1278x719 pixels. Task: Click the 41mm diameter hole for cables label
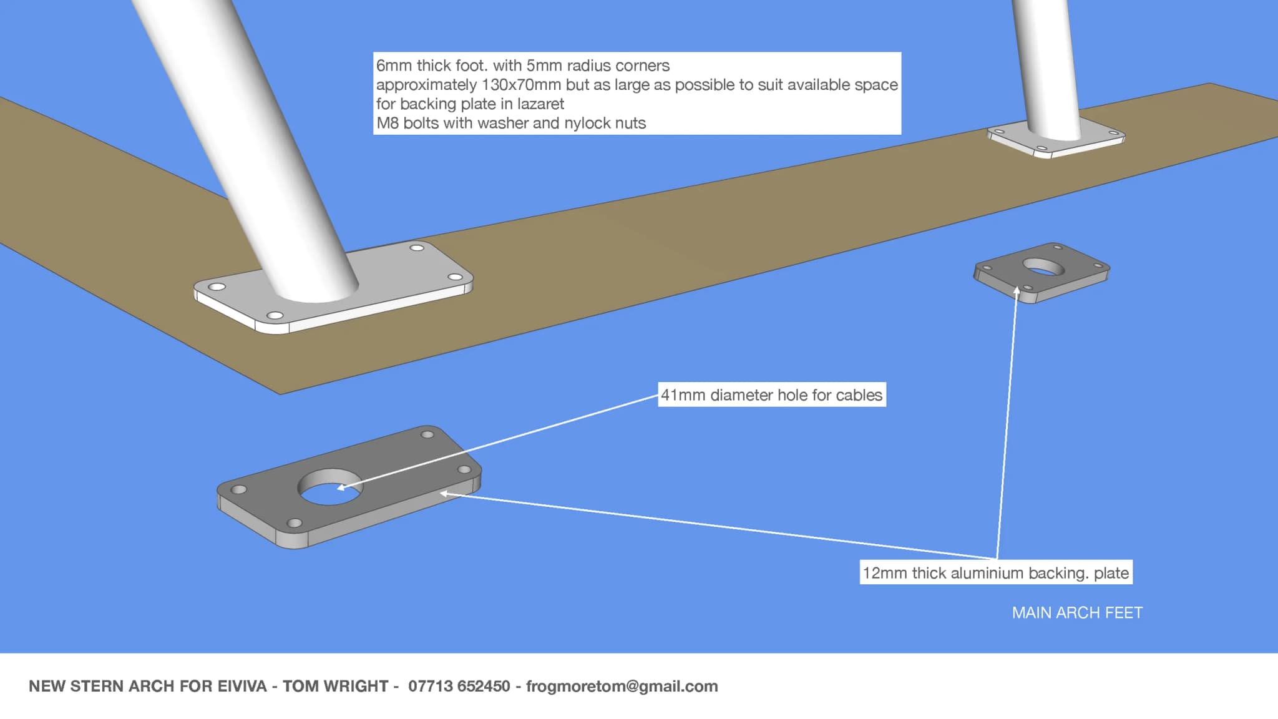[x=771, y=395]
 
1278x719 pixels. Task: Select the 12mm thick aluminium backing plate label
[x=995, y=573]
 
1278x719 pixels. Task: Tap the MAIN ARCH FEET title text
[x=1077, y=613]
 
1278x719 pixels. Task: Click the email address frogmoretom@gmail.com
[x=622, y=686]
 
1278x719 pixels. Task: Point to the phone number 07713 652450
[x=459, y=686]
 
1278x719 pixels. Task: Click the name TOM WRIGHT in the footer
[x=335, y=686]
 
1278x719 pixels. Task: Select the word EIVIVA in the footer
[x=242, y=686]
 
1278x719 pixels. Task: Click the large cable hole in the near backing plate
[x=329, y=487]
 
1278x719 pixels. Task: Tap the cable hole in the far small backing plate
[x=1043, y=268]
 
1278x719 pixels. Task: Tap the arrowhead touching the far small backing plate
[x=1017, y=291]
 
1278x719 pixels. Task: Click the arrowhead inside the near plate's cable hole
[x=341, y=487]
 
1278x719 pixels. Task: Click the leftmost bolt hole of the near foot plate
[x=217, y=287]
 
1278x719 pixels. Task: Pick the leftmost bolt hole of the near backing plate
[x=238, y=490]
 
